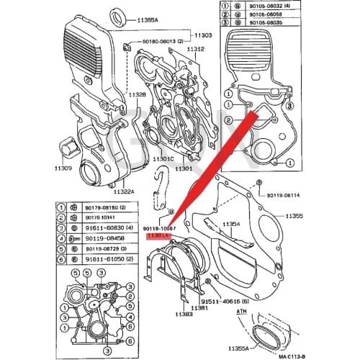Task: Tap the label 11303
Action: (x=202, y=35)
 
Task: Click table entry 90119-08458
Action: (x=103, y=237)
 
